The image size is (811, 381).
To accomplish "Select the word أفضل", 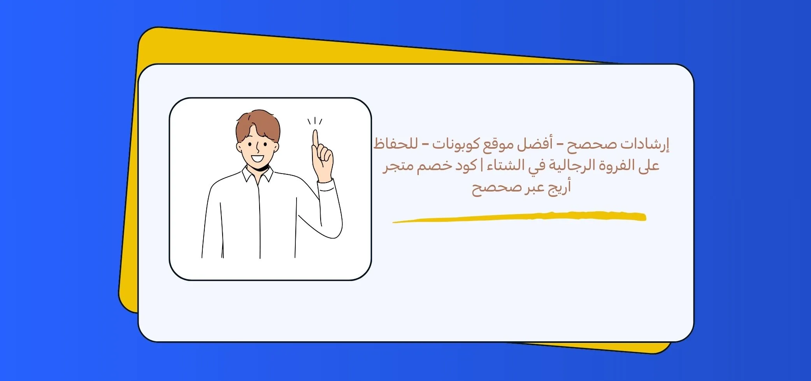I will coord(537,145).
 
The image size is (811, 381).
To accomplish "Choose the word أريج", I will coord(559,188).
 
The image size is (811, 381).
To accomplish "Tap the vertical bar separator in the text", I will coord(482,166).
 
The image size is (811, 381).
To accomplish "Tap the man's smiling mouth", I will coord(257,159).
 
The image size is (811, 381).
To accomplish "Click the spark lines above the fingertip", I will coord(315,121).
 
